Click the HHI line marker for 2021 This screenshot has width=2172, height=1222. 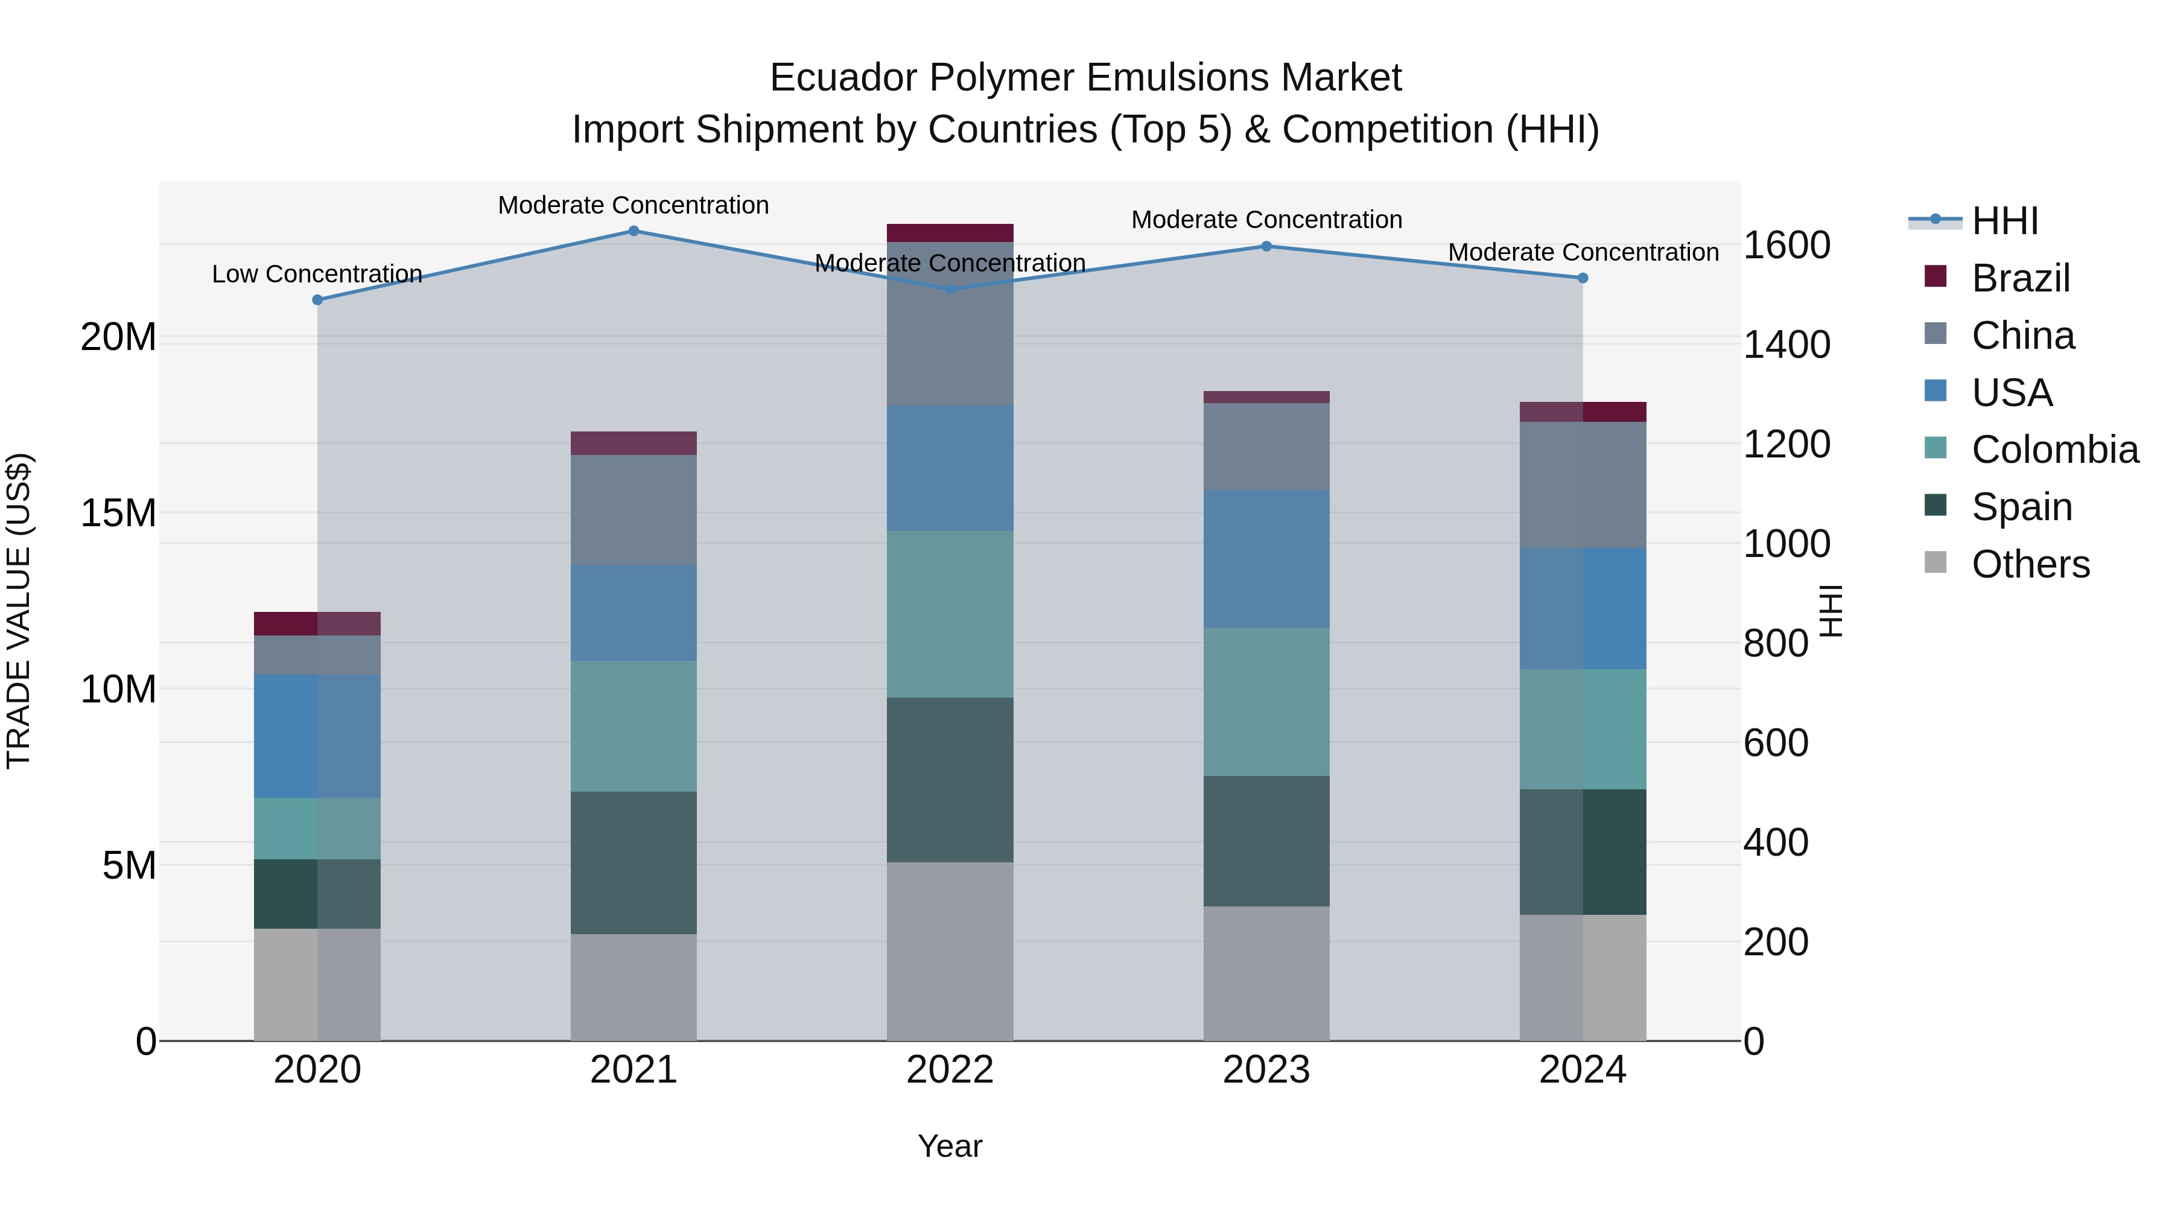click(634, 231)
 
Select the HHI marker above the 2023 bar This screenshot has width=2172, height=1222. click(1266, 246)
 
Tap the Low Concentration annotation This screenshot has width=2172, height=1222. click(316, 274)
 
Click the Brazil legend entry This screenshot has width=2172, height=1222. click(2020, 278)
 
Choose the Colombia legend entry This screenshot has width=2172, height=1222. click(2054, 450)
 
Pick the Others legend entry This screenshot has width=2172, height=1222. click(2030, 564)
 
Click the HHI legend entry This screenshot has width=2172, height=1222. click(2004, 221)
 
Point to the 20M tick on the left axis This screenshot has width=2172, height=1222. click(118, 337)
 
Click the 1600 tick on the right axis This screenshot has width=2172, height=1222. click(1786, 246)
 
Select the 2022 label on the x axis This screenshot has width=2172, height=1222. click(950, 1070)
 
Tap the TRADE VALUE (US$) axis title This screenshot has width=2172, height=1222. click(19, 611)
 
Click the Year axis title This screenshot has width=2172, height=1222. click(950, 1146)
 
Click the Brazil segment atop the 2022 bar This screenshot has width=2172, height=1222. click(950, 233)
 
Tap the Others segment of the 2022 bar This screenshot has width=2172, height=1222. click(950, 950)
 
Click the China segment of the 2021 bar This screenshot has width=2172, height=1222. click(634, 509)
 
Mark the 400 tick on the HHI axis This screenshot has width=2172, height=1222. click(1775, 842)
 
